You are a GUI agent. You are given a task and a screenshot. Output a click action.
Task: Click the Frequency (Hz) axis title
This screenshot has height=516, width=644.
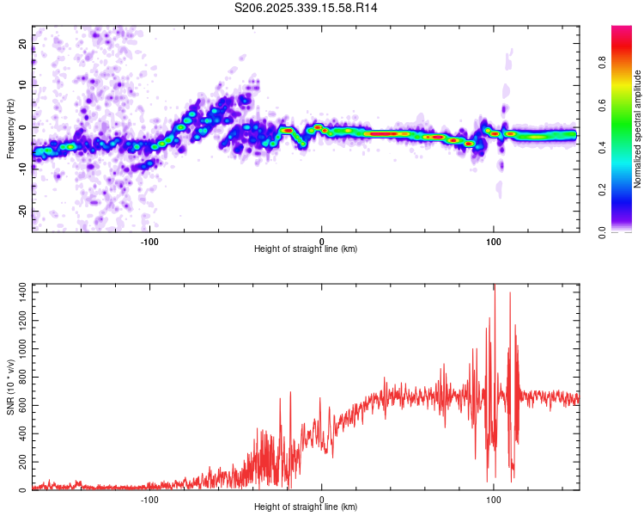click(9, 128)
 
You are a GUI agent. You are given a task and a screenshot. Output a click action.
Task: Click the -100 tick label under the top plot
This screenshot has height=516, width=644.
click(149, 241)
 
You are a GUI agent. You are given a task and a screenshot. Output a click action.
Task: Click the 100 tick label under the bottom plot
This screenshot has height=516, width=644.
click(494, 499)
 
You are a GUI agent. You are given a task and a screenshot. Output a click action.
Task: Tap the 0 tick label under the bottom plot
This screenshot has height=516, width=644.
click(322, 499)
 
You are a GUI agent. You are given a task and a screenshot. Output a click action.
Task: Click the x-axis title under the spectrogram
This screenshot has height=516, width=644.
click(306, 249)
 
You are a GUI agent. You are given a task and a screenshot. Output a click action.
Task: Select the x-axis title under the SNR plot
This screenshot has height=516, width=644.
click(306, 507)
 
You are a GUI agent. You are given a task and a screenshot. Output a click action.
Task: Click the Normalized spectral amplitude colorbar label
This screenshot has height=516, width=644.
click(637, 128)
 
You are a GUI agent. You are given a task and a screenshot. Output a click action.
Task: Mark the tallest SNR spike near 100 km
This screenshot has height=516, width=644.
click(494, 287)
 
